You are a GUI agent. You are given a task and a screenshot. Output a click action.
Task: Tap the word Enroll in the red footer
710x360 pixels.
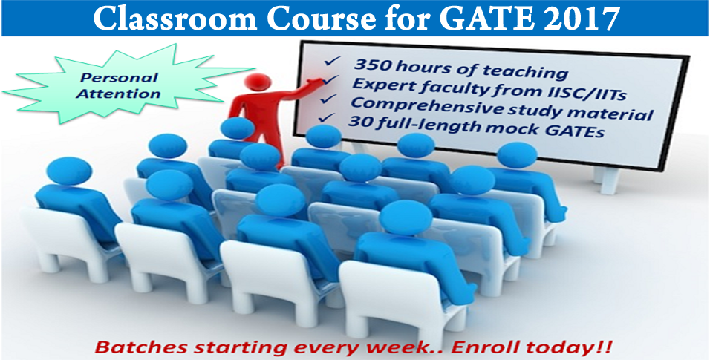tap(484, 347)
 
